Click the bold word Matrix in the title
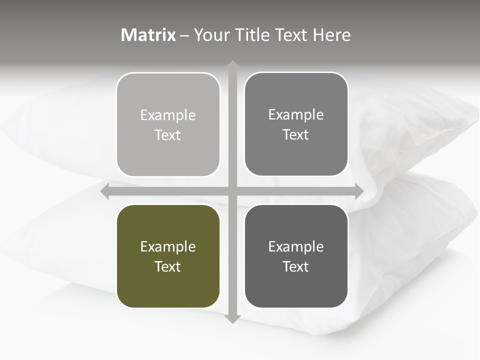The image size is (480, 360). pos(148,35)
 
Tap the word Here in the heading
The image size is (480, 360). pos(331,35)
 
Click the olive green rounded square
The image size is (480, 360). pos(168,256)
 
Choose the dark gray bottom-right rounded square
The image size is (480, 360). pos(296,256)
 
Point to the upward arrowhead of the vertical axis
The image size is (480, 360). pos(232,65)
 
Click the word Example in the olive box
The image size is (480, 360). pos(168,246)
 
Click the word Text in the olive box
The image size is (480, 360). pos(168,266)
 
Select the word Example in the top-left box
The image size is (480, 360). pos(168,115)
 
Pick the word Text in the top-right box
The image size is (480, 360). pos(296,134)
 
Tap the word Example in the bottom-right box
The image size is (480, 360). pos(296,246)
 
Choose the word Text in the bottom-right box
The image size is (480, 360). pos(296,266)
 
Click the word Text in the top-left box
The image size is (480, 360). pos(168,135)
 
